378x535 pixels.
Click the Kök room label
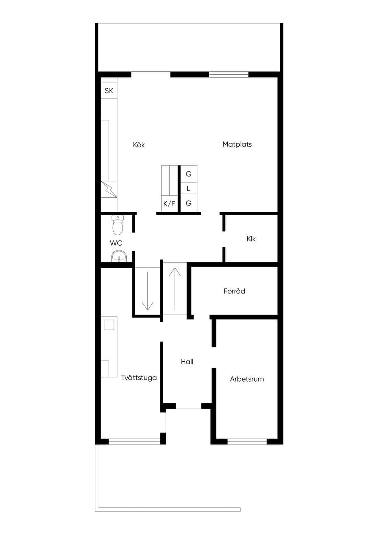(139, 145)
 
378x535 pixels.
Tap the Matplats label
(237, 144)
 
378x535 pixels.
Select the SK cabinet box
(109, 91)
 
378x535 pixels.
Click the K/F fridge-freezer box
(169, 204)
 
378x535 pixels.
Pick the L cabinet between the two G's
(189, 189)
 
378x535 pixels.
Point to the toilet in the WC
(117, 225)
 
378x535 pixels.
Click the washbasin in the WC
(119, 256)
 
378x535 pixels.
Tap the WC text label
(116, 243)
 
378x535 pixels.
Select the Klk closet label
(251, 239)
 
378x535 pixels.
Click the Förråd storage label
(234, 291)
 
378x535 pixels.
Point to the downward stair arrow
(148, 291)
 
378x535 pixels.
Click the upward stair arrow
(175, 289)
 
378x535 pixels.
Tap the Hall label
(187, 362)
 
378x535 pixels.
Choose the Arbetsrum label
(247, 379)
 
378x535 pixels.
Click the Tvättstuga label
(139, 378)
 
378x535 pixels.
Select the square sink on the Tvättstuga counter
(109, 325)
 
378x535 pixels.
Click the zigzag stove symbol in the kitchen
(109, 189)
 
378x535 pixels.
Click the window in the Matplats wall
(229, 75)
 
